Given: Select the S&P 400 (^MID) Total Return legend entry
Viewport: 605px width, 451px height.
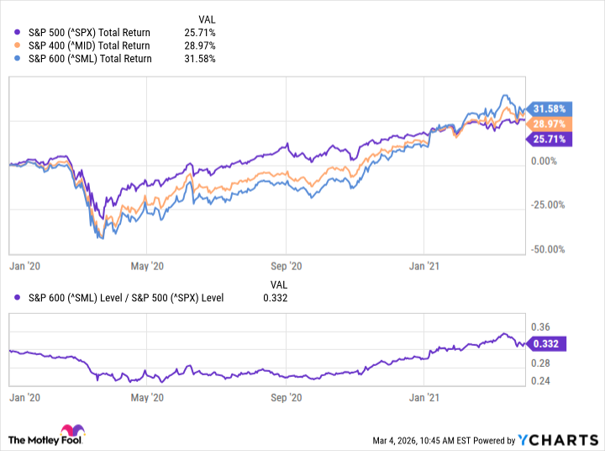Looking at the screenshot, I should [82, 45].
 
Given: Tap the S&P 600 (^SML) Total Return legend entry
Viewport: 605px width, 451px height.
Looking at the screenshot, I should [82, 59].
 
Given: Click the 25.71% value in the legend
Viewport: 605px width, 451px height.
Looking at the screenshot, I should [201, 32].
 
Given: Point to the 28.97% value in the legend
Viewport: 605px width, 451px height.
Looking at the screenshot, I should [201, 45].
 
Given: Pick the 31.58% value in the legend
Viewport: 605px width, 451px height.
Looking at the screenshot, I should [201, 59].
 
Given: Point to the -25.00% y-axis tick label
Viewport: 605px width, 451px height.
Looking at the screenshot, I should [549, 204].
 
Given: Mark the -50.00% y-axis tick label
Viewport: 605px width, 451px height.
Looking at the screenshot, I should [549, 249].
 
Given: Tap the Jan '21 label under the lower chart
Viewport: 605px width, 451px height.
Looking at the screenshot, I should [423, 395].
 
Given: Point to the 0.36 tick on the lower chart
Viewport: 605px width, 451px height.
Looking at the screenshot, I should [542, 327].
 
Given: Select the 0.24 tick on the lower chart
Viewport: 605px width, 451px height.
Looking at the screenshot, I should [542, 381].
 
